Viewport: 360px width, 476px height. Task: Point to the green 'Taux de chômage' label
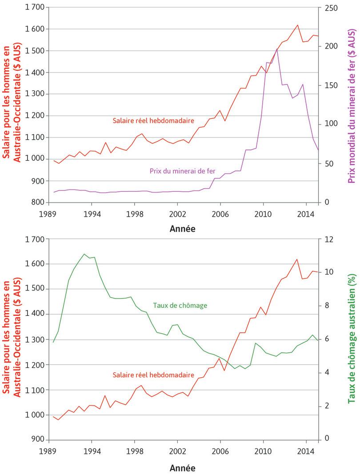coord(180,306)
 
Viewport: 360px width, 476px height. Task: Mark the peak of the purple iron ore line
coord(277,49)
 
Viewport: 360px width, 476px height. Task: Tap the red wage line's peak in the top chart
coord(297,25)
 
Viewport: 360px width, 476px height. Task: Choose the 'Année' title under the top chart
coord(182,230)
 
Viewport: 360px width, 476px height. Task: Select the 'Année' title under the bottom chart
coord(182,468)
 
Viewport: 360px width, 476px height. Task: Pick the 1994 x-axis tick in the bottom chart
coord(92,451)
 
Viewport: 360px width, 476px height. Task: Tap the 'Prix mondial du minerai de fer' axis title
coord(352,107)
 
